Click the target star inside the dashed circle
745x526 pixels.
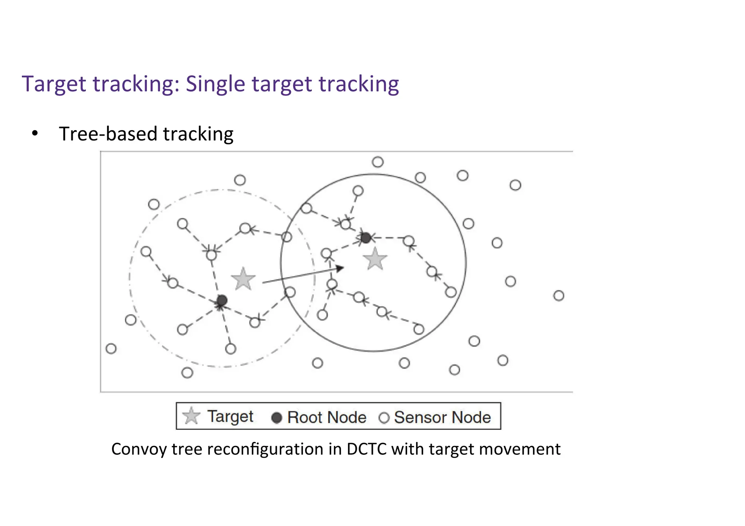243,279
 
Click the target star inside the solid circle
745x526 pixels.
375,259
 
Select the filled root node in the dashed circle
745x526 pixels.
222,300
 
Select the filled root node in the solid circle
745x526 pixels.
366,238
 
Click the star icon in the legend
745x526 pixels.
191,416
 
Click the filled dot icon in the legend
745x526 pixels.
277,418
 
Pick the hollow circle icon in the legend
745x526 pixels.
384,418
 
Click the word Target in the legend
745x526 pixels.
230,417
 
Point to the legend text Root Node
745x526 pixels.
327,417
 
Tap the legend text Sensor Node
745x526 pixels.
442,417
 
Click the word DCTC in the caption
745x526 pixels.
366,449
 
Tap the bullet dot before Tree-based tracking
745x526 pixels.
35,133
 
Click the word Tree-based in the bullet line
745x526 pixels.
108,134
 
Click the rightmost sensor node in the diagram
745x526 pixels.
559,296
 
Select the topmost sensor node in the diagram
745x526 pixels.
378,162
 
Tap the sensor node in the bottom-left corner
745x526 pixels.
111,349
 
